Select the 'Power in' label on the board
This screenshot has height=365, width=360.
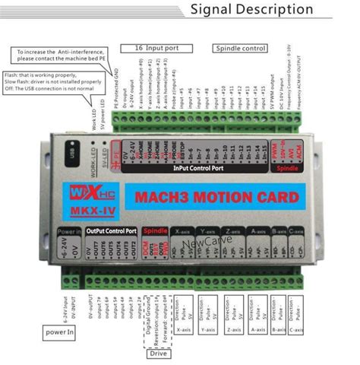pyautogui.click(x=69, y=230)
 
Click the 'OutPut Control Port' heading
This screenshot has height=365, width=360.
pyautogui.click(x=111, y=230)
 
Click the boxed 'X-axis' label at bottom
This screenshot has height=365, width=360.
pyautogui.click(x=183, y=329)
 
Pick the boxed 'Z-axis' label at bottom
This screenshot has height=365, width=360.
pyautogui.click(x=235, y=329)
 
